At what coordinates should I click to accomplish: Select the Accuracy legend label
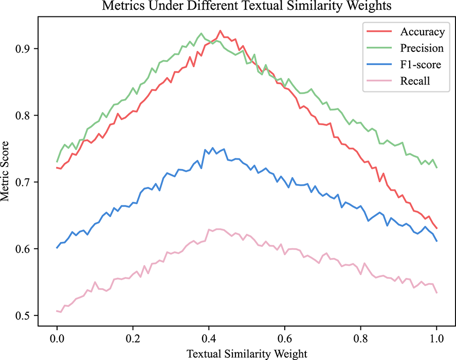click(x=422, y=32)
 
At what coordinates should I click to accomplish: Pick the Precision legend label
click(x=422, y=48)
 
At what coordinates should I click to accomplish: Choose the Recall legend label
click(x=415, y=81)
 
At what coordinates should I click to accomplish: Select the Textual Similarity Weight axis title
click(x=246, y=354)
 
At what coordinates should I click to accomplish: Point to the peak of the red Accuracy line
click(x=220, y=31)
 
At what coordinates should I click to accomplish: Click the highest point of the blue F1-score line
click(x=212, y=148)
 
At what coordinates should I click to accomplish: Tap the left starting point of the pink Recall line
click(x=57, y=311)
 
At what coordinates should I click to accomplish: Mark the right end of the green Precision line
click(x=436, y=168)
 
